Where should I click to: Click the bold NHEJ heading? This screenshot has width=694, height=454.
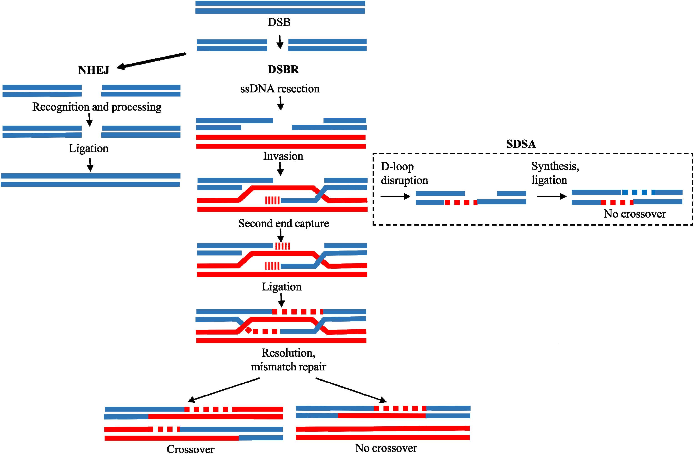pyautogui.click(x=94, y=70)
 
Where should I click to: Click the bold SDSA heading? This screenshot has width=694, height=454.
pyautogui.click(x=521, y=144)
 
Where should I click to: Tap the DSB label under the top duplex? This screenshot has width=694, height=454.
pyautogui.click(x=279, y=22)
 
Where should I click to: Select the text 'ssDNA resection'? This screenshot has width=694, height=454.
pyautogui.click(x=280, y=89)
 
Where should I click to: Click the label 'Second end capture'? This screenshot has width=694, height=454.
pyautogui.click(x=283, y=223)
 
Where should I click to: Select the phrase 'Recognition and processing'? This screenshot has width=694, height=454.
pyautogui.click(x=97, y=107)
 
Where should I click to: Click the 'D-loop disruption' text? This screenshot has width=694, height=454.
pyautogui.click(x=404, y=173)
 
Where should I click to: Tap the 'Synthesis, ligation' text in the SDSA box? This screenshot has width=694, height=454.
pyautogui.click(x=555, y=173)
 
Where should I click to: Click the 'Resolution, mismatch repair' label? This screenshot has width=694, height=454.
pyautogui.click(x=288, y=360)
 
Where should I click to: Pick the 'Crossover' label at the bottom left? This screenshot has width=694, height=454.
pyautogui.click(x=190, y=449)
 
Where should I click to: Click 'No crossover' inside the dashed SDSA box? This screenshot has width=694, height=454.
pyautogui.click(x=634, y=214)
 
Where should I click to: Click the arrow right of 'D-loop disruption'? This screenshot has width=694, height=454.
pyautogui.click(x=395, y=196)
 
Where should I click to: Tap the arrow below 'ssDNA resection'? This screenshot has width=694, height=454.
pyautogui.click(x=281, y=103)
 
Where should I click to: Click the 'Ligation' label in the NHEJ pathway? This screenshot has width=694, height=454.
pyautogui.click(x=89, y=149)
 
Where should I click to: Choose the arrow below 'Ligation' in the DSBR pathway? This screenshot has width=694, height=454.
pyautogui.click(x=281, y=300)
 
